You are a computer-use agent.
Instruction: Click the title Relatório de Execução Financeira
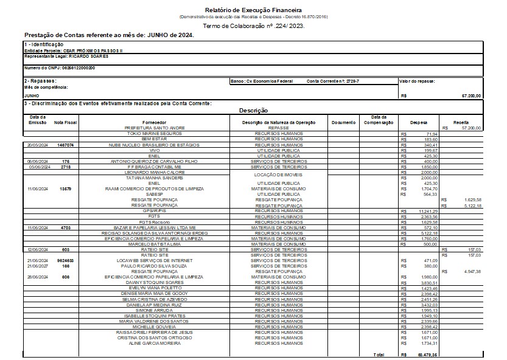[253, 10]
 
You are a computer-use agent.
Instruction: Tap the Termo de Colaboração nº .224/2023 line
[253, 26]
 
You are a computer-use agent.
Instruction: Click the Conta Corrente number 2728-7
[348, 81]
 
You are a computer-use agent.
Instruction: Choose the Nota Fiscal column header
[65, 122]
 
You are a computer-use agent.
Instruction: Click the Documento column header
[344, 122]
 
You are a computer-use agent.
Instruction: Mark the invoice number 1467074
[65, 145]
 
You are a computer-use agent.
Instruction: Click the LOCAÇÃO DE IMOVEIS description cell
[278, 175]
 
